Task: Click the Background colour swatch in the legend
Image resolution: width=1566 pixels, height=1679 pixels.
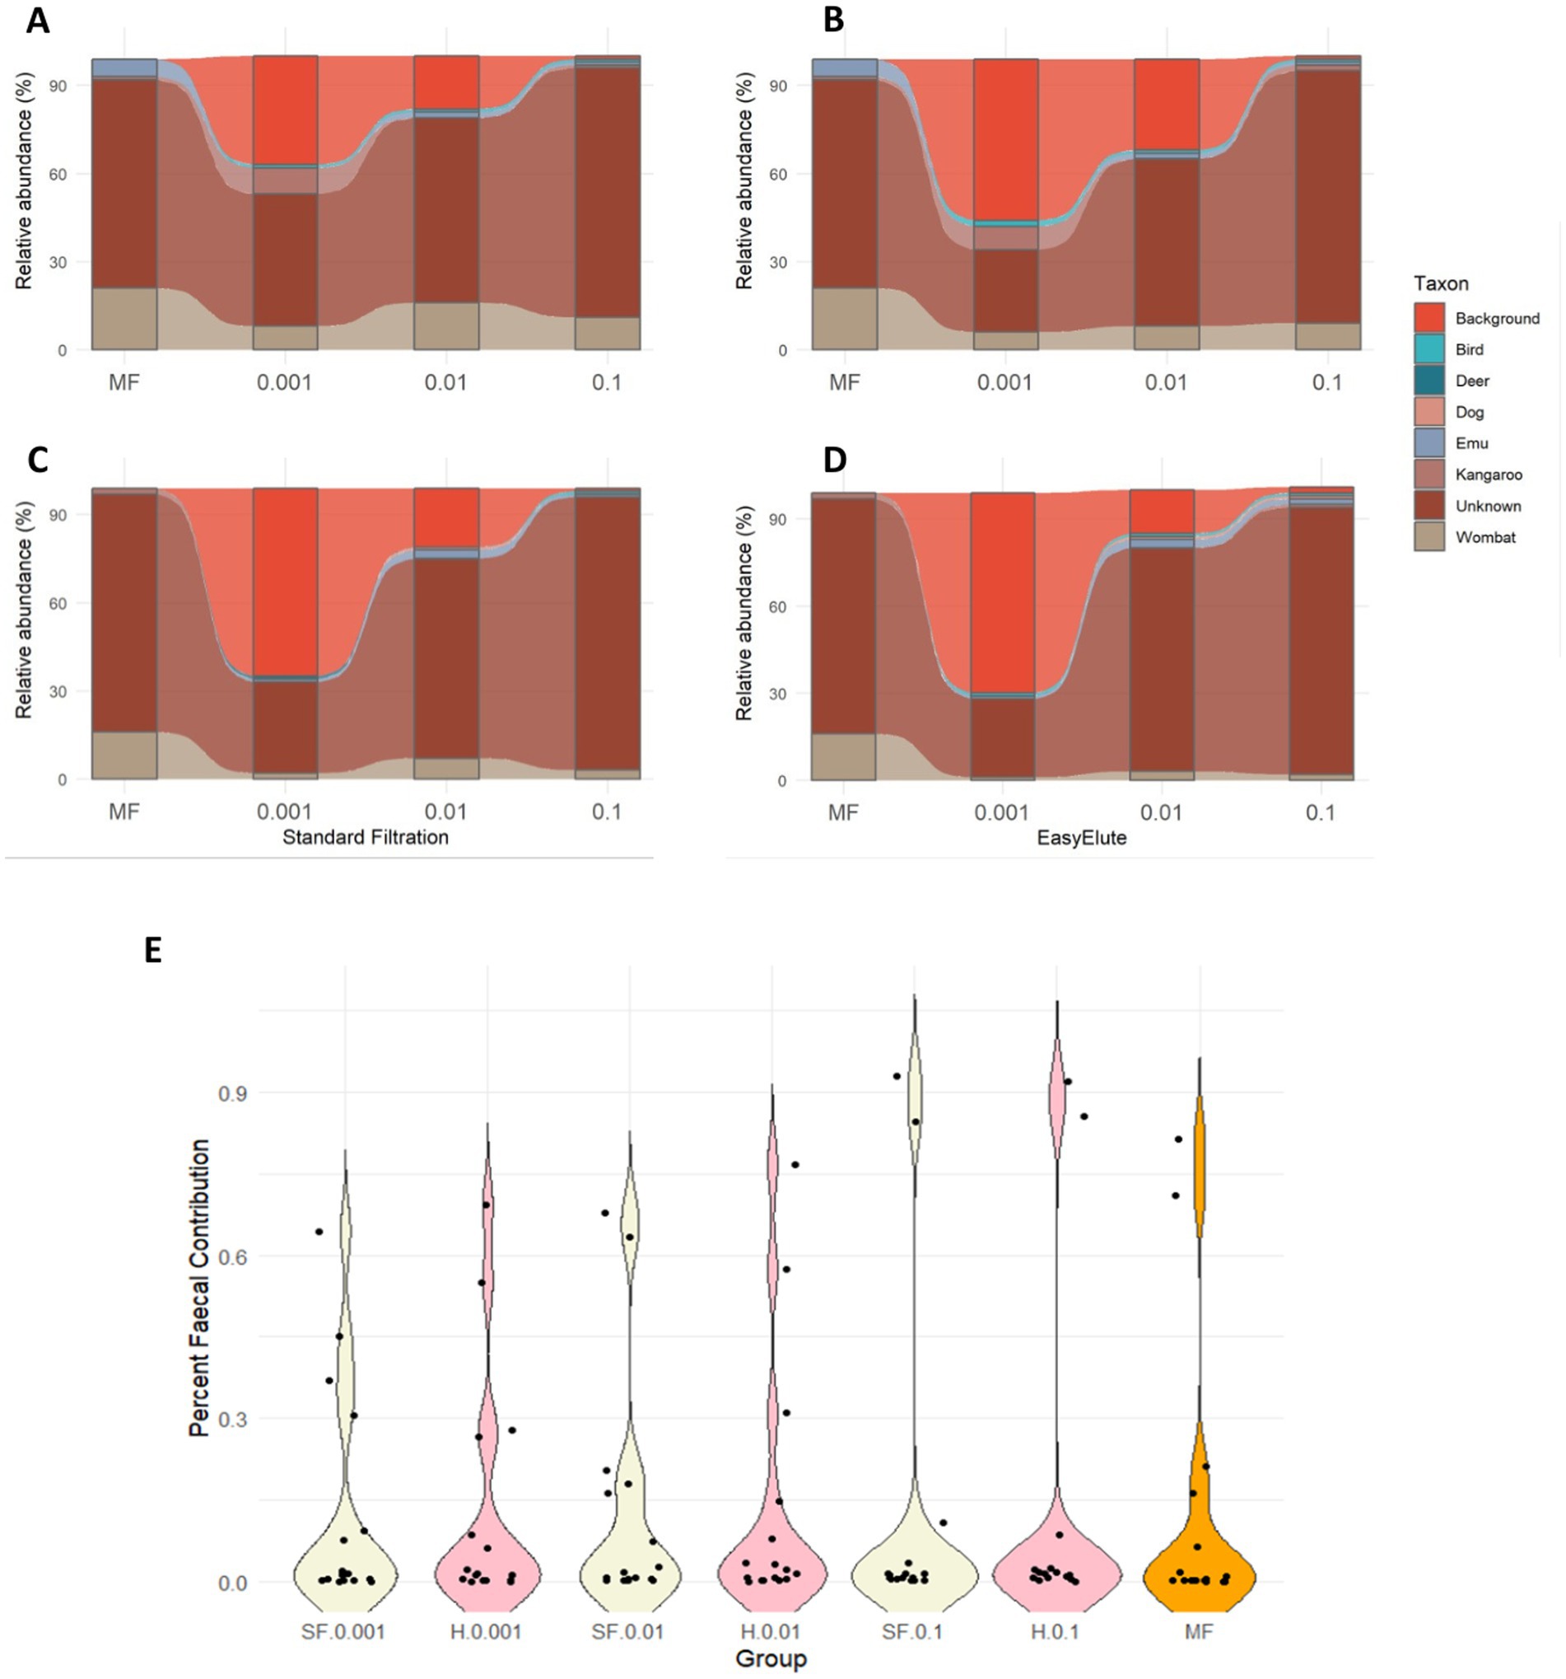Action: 1429,318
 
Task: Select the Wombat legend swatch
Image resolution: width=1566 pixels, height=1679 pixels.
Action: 1429,537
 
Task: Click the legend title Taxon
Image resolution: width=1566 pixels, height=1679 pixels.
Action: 1441,283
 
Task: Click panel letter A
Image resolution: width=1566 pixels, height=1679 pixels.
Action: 37,21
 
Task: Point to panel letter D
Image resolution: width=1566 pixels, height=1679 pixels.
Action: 834,461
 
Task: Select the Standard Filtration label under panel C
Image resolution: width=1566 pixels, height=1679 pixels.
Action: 365,837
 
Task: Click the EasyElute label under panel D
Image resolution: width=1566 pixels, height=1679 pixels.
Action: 1081,838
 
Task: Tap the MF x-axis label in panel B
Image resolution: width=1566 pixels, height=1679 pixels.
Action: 844,382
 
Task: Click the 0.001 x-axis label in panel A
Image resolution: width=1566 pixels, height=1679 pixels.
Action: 285,382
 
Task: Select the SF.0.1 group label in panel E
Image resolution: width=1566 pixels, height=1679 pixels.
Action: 912,1632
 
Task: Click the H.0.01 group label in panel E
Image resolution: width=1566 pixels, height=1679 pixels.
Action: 770,1632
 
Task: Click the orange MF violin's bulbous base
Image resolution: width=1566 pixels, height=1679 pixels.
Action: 1199,1571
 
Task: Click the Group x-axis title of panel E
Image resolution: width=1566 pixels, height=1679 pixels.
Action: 770,1658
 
